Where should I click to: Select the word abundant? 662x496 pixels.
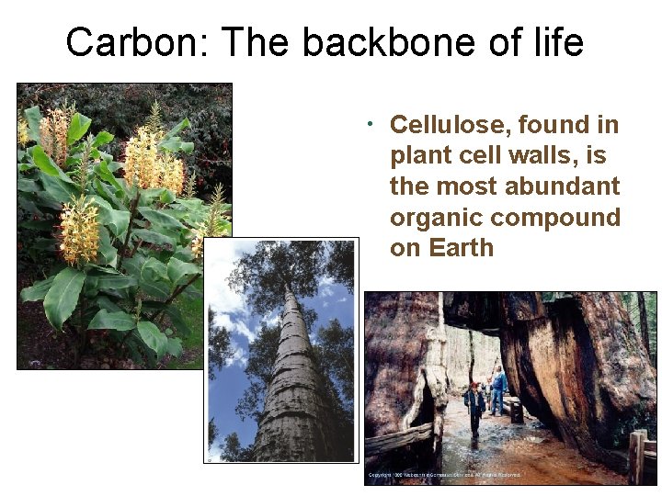(x=564, y=186)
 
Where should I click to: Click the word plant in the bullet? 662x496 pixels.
(x=421, y=155)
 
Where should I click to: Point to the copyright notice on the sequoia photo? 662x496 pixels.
(x=444, y=475)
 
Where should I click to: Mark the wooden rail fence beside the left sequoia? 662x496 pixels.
(x=398, y=440)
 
